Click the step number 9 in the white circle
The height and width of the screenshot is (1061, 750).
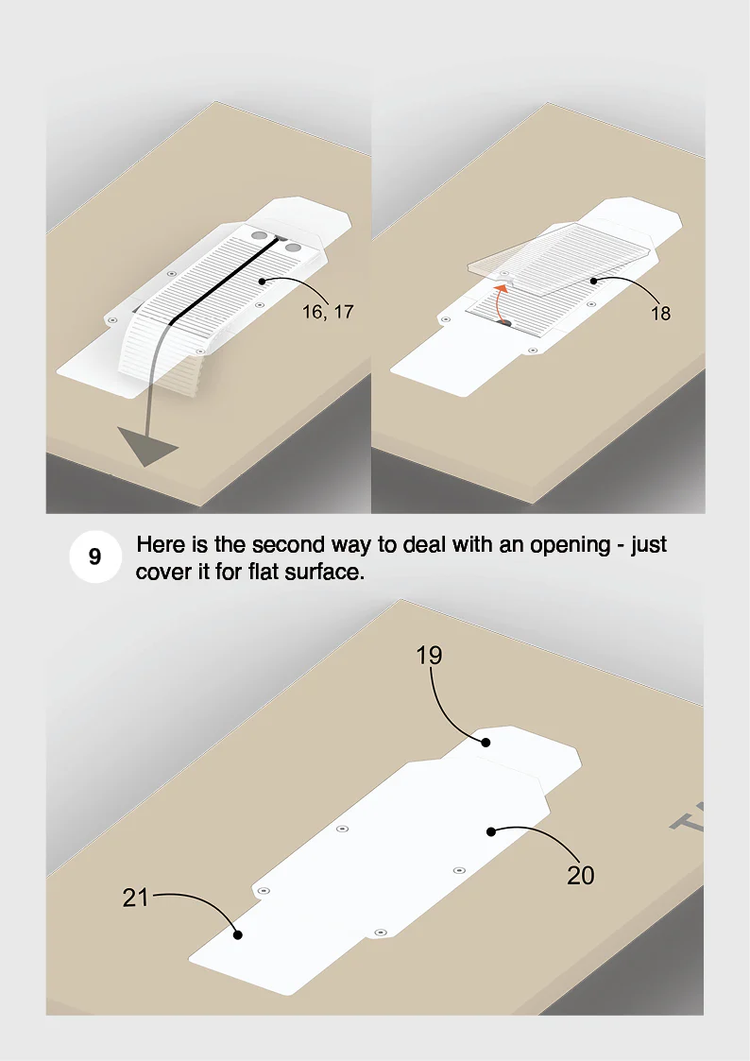pos(95,556)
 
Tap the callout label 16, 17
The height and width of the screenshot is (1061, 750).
pos(328,312)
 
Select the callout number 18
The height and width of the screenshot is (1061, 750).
pos(660,314)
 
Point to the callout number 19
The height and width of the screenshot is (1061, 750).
pos(429,655)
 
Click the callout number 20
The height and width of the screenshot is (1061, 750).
pos(580,876)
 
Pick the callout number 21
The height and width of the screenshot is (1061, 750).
pos(135,898)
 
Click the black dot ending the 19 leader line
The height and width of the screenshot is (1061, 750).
pos(486,743)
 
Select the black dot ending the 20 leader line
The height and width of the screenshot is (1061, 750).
pos(491,831)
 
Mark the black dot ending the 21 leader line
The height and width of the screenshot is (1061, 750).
pos(238,935)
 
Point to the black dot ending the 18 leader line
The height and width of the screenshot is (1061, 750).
pos(594,281)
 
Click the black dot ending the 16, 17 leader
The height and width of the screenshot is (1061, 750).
pos(262,281)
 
